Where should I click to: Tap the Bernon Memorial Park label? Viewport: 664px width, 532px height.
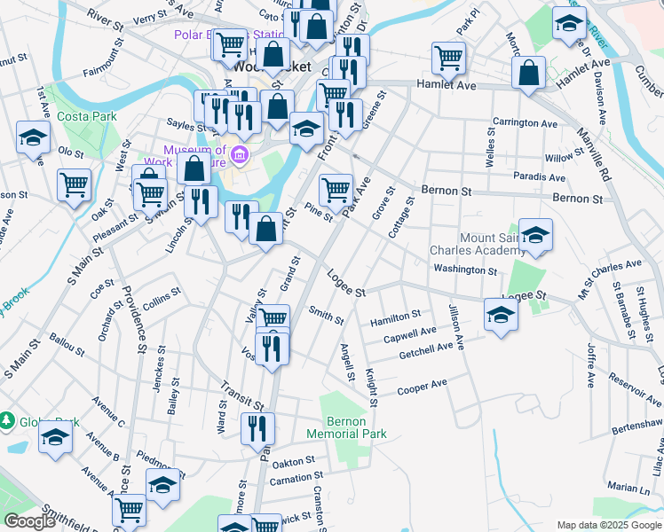(x=346, y=427)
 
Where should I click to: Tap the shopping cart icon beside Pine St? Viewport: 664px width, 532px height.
(x=336, y=187)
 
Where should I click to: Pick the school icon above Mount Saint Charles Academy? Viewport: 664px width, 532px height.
(x=535, y=234)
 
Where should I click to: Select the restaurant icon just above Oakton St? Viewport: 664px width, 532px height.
(x=258, y=428)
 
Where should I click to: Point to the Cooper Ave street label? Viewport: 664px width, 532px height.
(x=423, y=387)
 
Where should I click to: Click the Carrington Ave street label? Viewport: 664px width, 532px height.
(x=526, y=122)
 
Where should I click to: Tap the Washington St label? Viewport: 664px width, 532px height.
(x=465, y=269)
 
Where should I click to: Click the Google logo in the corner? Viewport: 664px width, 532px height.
(x=29, y=521)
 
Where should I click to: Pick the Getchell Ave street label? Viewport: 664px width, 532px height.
(x=426, y=351)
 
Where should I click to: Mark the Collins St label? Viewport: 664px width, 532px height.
(x=162, y=301)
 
